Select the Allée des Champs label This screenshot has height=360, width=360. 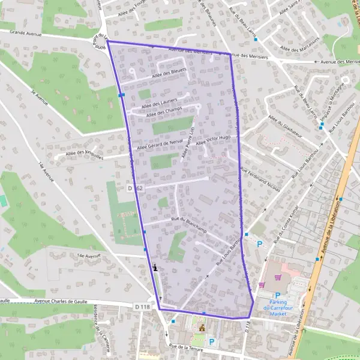coord(163,112)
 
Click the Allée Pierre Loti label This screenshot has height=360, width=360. coord(188,145)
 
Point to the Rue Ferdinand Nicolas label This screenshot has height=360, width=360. coord(260,179)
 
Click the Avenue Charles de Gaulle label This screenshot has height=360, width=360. coord(62,301)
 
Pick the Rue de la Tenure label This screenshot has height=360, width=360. coord(187,346)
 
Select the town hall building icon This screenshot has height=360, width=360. coord(202,328)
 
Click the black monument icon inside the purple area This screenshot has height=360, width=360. coord(156,268)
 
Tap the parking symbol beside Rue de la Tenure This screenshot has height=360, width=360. coord(211,343)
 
